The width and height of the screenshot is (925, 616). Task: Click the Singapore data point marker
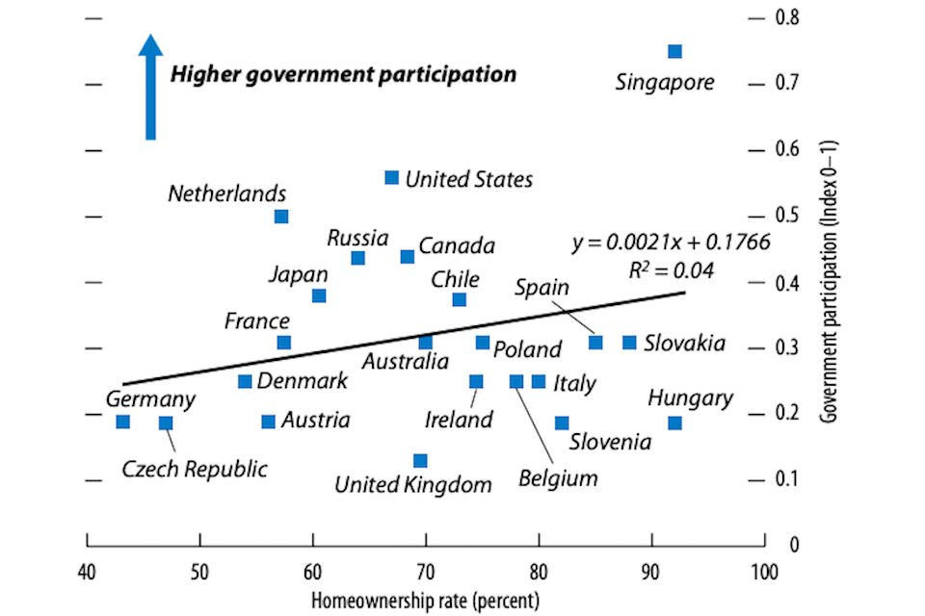pyautogui.click(x=674, y=51)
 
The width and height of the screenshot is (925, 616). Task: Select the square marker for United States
pyautogui.click(x=391, y=177)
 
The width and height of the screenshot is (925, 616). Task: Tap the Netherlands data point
pyautogui.click(x=281, y=217)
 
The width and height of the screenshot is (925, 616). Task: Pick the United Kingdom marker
pyautogui.click(x=420, y=461)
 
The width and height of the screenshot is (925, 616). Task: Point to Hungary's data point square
pyautogui.click(x=674, y=423)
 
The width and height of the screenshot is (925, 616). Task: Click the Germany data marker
pyautogui.click(x=122, y=422)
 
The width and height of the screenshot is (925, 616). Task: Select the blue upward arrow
pyautogui.click(x=149, y=87)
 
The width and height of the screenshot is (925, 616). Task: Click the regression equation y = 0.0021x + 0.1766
pyautogui.click(x=671, y=244)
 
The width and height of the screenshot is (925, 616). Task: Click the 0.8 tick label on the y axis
pyautogui.click(x=789, y=17)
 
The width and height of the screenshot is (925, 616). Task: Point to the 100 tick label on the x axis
pyautogui.click(x=764, y=570)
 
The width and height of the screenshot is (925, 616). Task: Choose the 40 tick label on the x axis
pyautogui.click(x=87, y=570)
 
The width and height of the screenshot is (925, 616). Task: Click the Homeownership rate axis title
pyautogui.click(x=425, y=599)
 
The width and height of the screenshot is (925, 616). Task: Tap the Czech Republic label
pyautogui.click(x=195, y=470)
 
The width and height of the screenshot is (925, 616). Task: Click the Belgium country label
pyautogui.click(x=558, y=478)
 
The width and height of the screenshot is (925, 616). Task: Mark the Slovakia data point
pyautogui.click(x=629, y=343)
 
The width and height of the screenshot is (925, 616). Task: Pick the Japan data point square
pyautogui.click(x=319, y=295)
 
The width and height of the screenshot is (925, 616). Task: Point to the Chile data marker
pyautogui.click(x=460, y=299)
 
